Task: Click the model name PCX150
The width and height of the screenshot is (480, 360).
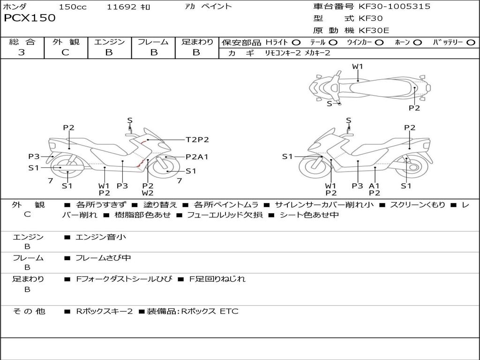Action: coord(30,18)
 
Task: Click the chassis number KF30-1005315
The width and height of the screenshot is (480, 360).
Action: coord(394,6)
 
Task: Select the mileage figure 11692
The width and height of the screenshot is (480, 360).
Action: coord(121,7)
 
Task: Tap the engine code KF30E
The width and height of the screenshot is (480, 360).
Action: coord(374,30)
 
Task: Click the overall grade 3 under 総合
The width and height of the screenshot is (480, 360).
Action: coord(22,52)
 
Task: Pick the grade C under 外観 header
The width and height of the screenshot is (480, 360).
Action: coord(65,52)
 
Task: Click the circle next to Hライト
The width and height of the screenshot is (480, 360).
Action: coord(296,43)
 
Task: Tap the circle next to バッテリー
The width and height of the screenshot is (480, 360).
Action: coord(471,43)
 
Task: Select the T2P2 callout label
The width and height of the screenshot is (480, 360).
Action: coord(197,140)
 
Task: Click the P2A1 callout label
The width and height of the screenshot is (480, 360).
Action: coord(197,157)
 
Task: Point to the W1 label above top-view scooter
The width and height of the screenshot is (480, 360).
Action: coord(357,67)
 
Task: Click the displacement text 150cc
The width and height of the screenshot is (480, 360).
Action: coord(73,7)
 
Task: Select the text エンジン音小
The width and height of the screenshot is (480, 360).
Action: coord(100,237)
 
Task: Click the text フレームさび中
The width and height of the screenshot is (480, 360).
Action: coord(103,258)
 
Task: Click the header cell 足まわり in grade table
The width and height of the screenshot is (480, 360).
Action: coord(197,42)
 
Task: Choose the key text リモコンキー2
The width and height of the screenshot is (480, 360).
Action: coord(283,53)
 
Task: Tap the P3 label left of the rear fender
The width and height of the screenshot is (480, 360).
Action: coord(34,157)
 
